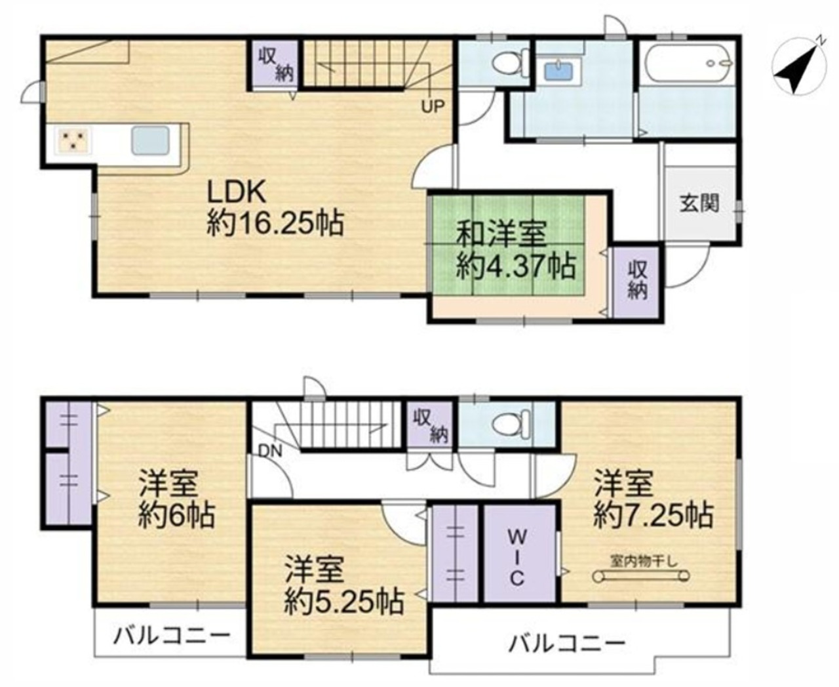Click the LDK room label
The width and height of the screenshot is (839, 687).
(x=236, y=192)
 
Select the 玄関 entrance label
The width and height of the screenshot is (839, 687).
(x=699, y=203)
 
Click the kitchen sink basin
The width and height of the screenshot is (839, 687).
(x=150, y=140)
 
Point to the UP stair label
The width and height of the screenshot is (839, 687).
(x=433, y=106)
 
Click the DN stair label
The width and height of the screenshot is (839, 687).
(x=271, y=451)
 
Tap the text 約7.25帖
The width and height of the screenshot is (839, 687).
(x=653, y=516)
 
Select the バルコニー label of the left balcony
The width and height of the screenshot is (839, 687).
(x=172, y=635)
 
